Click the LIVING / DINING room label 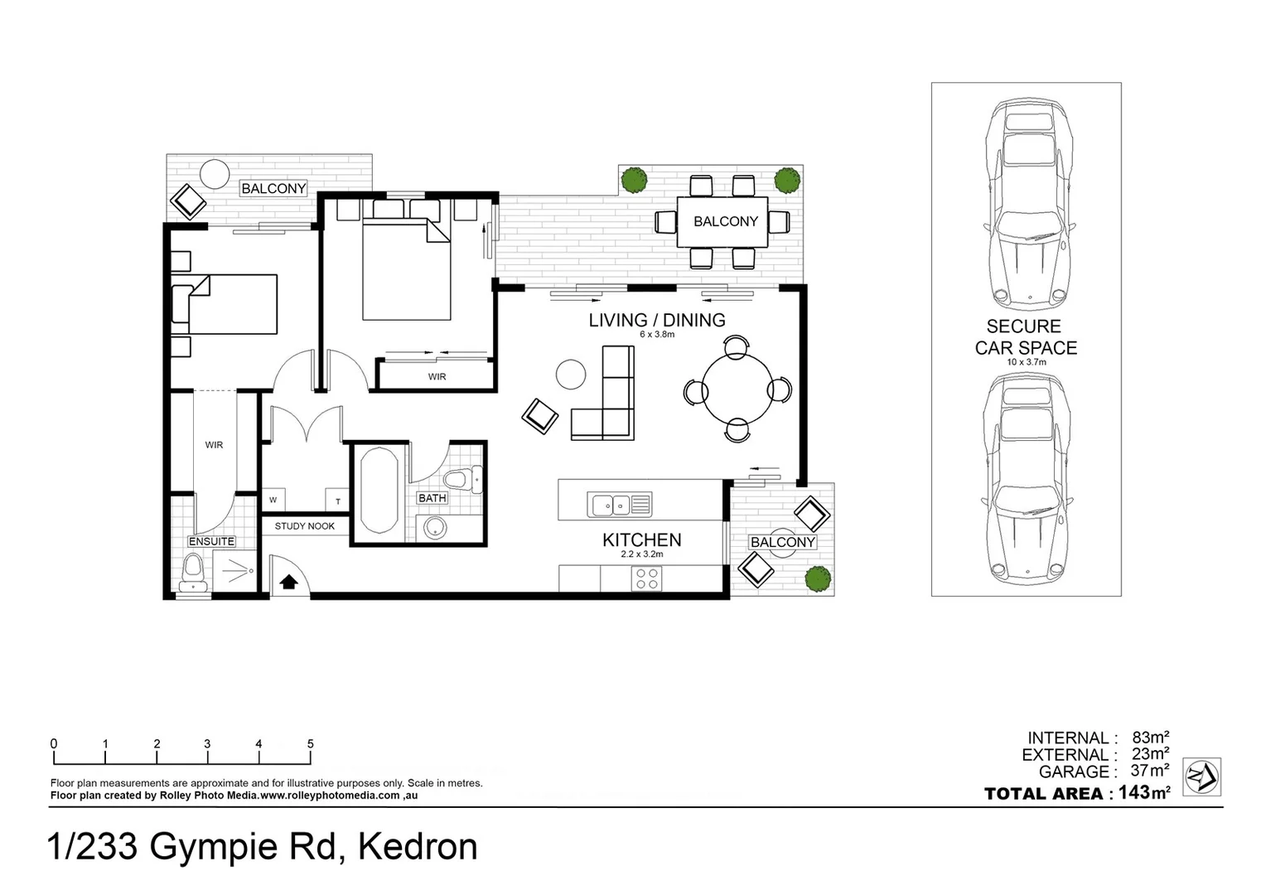(x=656, y=320)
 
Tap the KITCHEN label (x=641, y=540)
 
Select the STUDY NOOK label (x=304, y=526)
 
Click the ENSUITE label (x=211, y=541)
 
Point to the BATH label (x=432, y=498)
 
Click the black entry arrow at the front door (x=288, y=582)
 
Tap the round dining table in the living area (x=737, y=389)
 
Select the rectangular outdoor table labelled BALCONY (x=723, y=221)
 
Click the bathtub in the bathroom (x=379, y=491)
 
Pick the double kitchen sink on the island (x=620, y=504)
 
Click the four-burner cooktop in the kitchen (x=646, y=578)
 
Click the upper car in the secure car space (x=1026, y=203)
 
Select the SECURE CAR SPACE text (x=1026, y=337)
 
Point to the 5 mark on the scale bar (x=311, y=744)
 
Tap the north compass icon (x=1201, y=777)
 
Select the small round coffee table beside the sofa (x=571, y=374)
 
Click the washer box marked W (x=273, y=500)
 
